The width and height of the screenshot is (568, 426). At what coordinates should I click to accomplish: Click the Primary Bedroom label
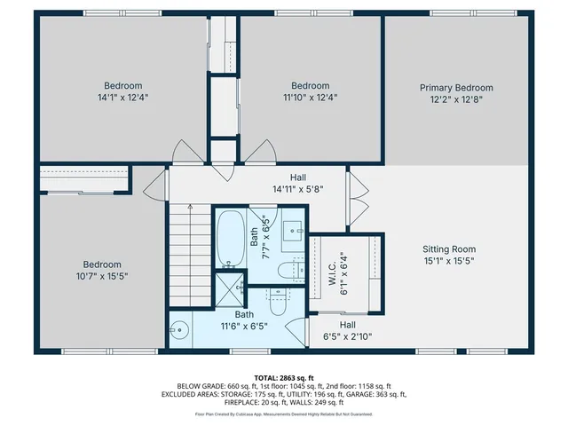coord(456,88)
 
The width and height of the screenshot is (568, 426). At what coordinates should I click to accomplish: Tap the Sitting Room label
coord(448,249)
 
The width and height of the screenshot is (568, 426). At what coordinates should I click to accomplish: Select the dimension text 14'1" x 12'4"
coord(123,98)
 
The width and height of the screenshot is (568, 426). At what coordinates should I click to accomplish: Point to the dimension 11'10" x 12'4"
coord(311,98)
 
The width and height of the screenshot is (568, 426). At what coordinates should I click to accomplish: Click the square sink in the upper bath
coord(292,233)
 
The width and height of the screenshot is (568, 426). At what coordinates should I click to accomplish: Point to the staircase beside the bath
coord(187,254)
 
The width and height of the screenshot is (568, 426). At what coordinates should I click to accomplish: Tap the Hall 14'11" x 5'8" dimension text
coord(297,189)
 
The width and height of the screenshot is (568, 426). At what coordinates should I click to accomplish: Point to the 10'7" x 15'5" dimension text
coord(103,276)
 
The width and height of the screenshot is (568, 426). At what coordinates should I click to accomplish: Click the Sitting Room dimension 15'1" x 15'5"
coord(448,261)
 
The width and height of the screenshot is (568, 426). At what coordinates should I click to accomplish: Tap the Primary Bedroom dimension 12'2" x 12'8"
coord(456,99)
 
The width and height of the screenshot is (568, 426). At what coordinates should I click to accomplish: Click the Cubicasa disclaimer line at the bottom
coord(284,414)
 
